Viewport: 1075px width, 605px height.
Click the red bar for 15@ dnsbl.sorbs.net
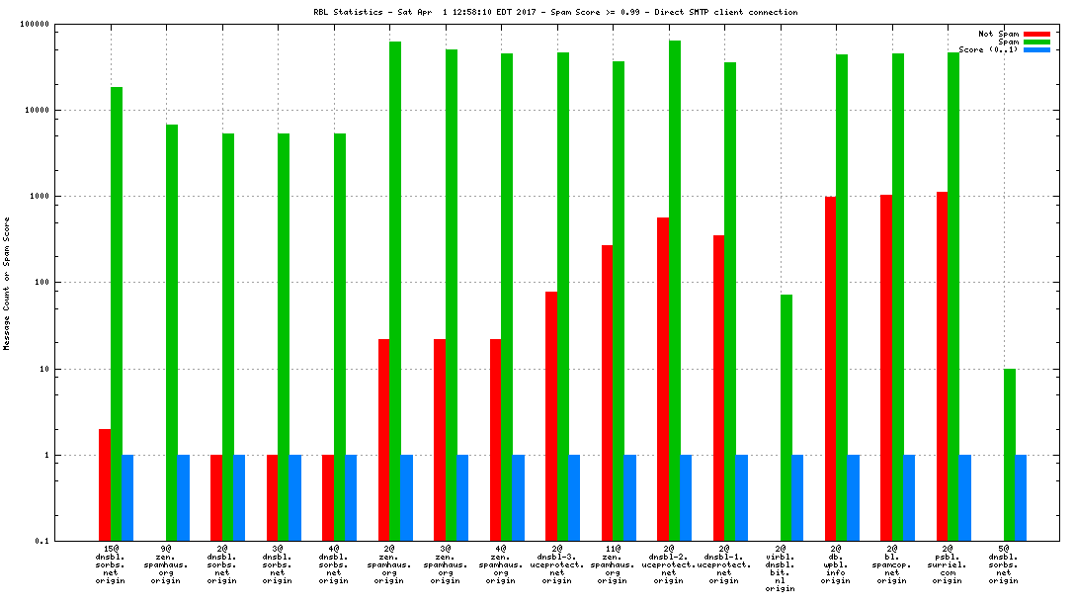[x=104, y=484]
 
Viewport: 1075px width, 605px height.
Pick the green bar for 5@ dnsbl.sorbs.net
[x=1010, y=455]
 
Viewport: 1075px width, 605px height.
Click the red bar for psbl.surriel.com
[x=943, y=366]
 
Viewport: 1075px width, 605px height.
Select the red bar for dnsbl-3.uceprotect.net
[x=551, y=416]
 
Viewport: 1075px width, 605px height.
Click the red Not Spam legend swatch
[x=1036, y=34]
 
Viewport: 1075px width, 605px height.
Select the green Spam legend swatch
[x=1036, y=42]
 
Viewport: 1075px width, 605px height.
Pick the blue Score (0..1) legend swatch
[x=1036, y=49]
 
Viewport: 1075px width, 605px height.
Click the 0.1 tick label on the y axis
[x=41, y=541]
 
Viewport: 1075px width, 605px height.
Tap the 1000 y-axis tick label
[x=40, y=196]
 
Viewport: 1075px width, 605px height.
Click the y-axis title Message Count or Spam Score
[x=7, y=283]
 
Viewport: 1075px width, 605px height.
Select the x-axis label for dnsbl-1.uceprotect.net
[x=724, y=564]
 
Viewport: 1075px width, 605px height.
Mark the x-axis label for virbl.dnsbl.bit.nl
[x=781, y=568]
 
